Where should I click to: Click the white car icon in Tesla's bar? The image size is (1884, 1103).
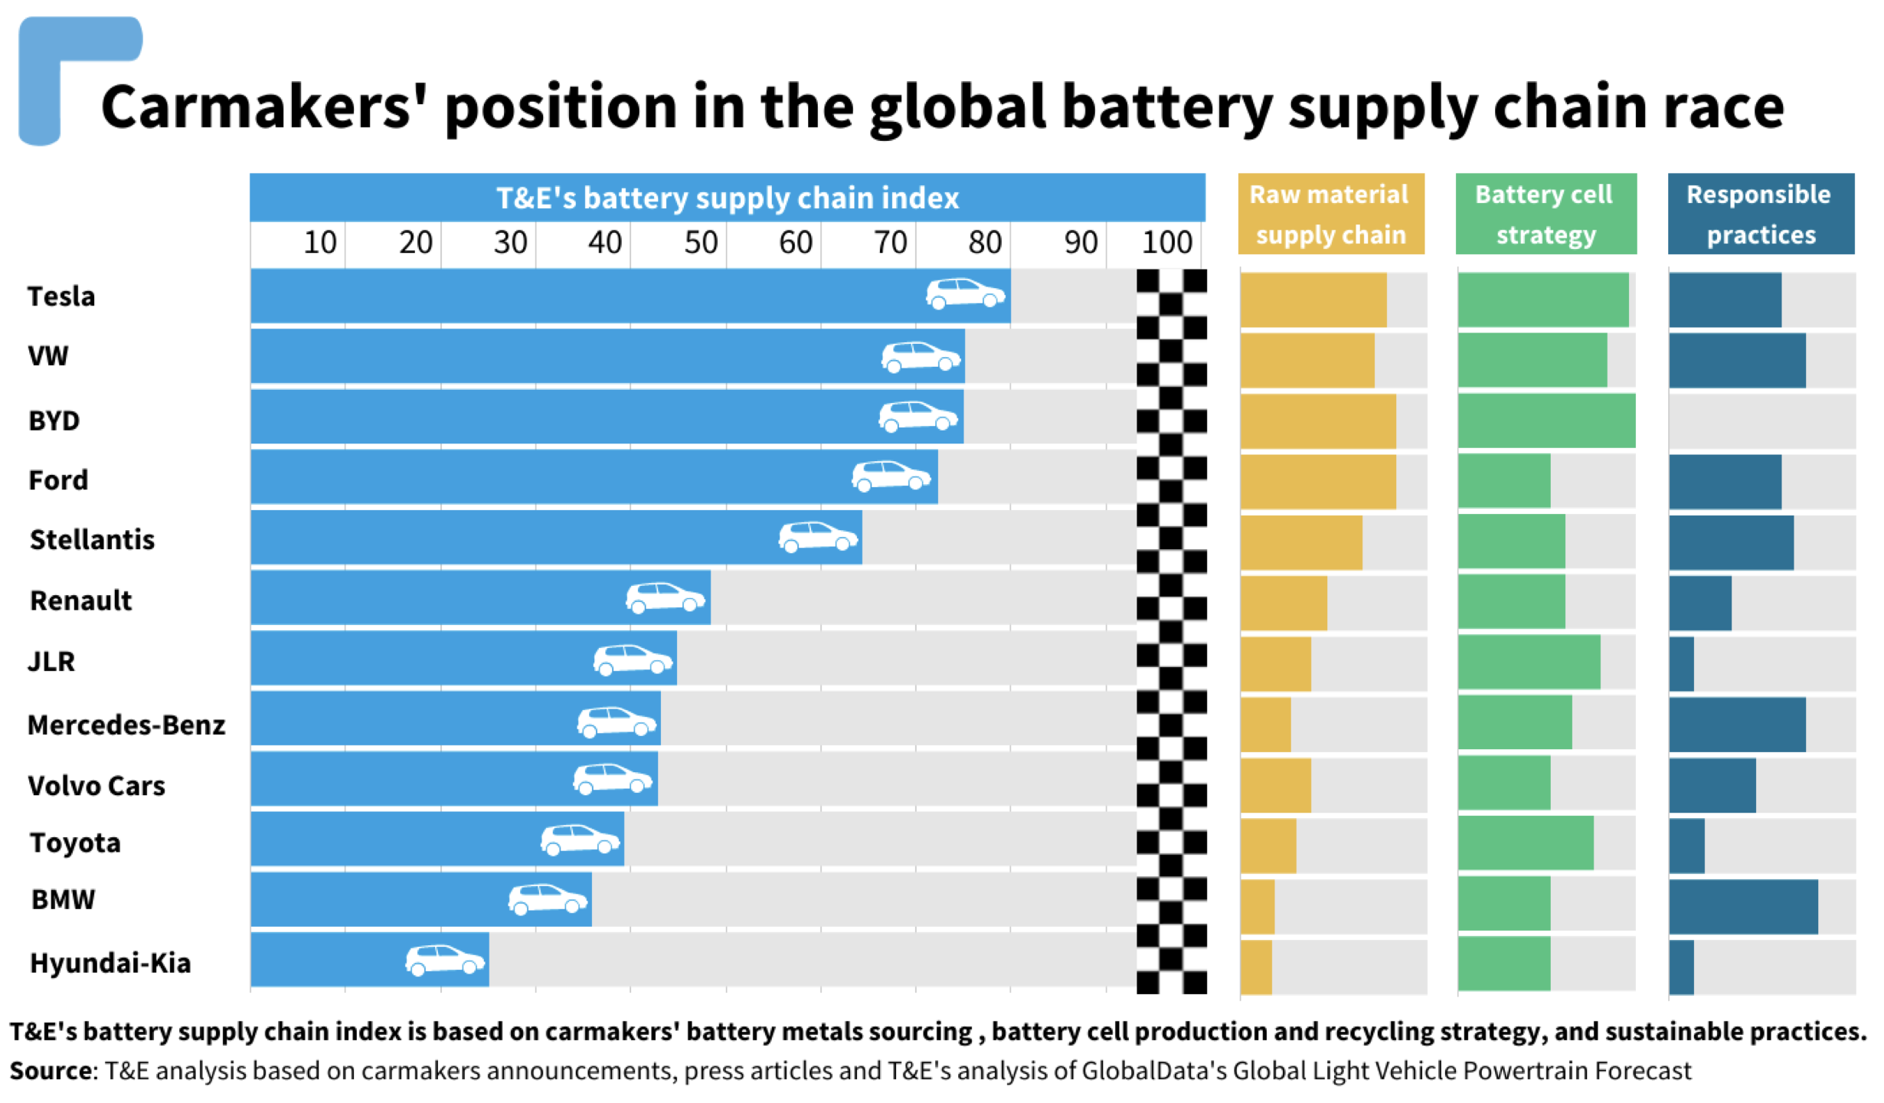[965, 293]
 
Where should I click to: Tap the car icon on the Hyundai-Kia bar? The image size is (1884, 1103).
[445, 960]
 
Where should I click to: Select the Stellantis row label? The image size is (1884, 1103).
[92, 540]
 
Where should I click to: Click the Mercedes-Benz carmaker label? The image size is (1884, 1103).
[126, 725]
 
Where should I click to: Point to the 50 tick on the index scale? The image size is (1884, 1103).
[700, 243]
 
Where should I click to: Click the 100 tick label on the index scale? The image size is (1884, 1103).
[1166, 243]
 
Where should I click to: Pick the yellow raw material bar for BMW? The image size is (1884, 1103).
[1258, 907]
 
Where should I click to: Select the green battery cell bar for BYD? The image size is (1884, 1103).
[1545, 421]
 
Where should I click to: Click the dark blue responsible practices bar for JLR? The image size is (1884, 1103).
[1682, 664]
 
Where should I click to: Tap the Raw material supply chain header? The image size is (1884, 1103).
[1330, 214]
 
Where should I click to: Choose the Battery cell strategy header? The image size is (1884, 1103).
[1545, 214]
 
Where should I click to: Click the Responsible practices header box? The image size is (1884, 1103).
[1760, 214]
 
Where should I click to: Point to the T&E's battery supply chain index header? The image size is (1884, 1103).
[727, 198]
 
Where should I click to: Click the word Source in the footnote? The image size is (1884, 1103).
[51, 1070]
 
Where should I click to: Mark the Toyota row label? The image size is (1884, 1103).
[75, 843]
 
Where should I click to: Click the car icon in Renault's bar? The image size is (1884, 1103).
[665, 597]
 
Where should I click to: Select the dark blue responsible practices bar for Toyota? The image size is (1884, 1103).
[1686, 846]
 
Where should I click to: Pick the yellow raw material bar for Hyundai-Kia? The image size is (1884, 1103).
[1256, 967]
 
